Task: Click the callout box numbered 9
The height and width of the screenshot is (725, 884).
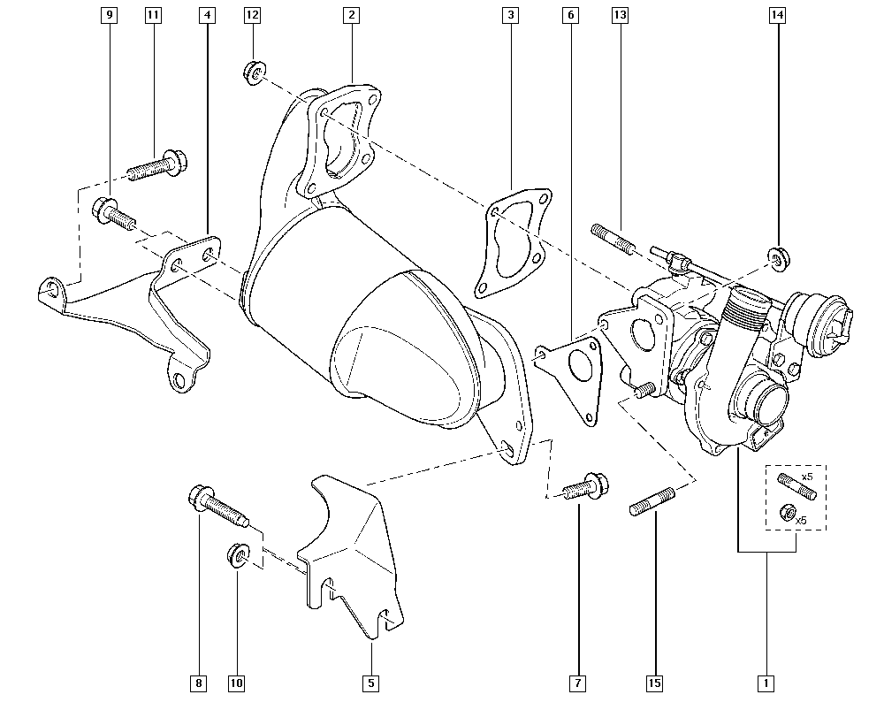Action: (109, 16)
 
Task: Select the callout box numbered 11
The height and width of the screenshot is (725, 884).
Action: (154, 16)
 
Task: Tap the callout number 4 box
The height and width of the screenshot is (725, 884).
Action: (207, 16)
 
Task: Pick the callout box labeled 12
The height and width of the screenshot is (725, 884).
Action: (252, 16)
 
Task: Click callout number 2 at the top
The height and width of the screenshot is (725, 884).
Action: (351, 16)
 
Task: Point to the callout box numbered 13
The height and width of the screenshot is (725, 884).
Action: (619, 16)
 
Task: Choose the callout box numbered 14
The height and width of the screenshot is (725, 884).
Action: (777, 16)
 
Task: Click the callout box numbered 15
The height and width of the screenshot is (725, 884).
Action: (655, 683)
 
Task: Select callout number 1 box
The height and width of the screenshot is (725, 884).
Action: (766, 683)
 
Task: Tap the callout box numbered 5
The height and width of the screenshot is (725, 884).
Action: (371, 683)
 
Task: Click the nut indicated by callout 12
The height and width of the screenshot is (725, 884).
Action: (252, 72)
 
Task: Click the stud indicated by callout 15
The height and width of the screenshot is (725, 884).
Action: (653, 500)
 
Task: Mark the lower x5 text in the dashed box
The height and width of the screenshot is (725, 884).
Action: (802, 520)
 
